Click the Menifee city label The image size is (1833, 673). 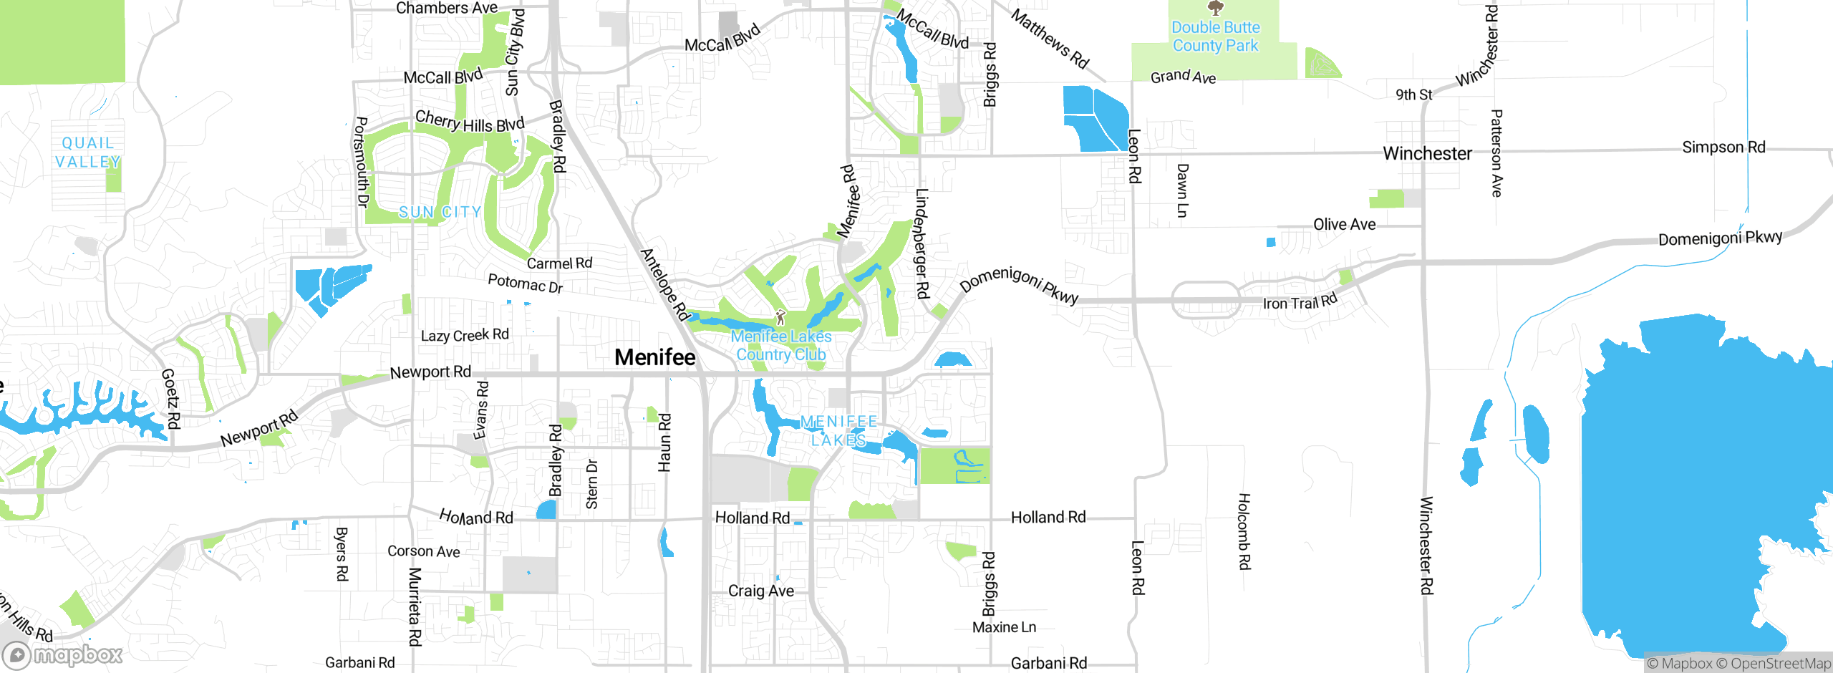(654, 357)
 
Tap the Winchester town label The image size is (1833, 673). (1427, 153)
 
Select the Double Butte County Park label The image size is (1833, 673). (1215, 37)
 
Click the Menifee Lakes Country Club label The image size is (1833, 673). (781, 345)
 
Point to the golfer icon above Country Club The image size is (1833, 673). (780, 317)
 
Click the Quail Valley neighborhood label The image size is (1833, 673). (88, 152)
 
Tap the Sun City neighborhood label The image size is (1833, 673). (440, 212)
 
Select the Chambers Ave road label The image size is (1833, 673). (447, 8)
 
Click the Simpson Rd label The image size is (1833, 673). (1723, 147)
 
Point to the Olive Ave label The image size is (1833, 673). (1344, 224)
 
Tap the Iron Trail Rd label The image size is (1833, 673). (1300, 302)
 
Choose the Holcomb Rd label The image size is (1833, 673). (1244, 531)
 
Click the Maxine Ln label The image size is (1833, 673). (1004, 627)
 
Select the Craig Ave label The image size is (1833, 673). (760, 591)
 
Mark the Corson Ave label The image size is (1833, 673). (423, 551)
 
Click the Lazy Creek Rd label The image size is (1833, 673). (465, 335)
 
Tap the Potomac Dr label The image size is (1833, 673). (525, 283)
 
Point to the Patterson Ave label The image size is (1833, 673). (1496, 152)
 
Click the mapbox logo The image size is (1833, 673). (63, 654)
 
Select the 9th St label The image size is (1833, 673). (1413, 95)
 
